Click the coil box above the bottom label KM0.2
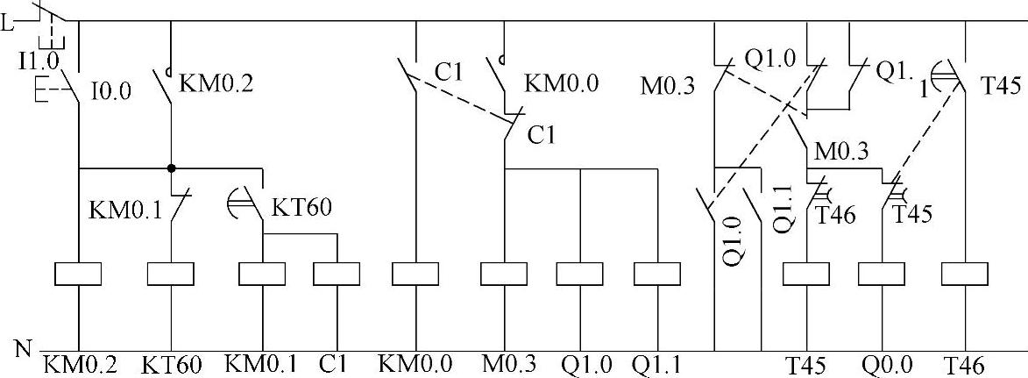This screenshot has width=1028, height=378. coord(79,275)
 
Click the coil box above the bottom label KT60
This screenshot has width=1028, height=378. coord(170,275)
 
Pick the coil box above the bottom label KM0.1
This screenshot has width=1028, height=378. coord(263,275)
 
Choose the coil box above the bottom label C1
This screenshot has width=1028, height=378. coord(337,275)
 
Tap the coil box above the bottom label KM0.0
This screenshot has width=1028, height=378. coord(415,275)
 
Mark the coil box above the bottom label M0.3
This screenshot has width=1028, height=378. coord(505,275)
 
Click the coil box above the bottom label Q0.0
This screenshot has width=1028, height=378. coord(881,275)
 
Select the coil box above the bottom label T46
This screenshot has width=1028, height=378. coord(964,275)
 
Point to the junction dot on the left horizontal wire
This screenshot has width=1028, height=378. coord(171,167)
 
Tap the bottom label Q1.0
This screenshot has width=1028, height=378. coord(585,364)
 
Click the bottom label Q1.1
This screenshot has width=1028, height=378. coord(658,364)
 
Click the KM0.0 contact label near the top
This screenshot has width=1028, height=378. coord(562,83)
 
